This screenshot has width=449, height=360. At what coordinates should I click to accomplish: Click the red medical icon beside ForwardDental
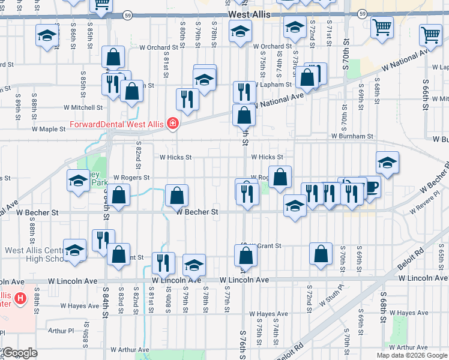coord(173,124)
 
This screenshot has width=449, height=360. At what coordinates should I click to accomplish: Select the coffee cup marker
coord(370,188)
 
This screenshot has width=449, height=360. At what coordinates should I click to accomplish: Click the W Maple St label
coord(49,129)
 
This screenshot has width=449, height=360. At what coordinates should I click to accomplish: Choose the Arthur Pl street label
coord(61,331)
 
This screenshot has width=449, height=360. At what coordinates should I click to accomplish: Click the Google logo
coord(19,353)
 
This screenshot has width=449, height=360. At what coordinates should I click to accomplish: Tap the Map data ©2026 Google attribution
coord(411,355)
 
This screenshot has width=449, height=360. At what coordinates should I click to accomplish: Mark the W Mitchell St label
coord(83,108)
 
